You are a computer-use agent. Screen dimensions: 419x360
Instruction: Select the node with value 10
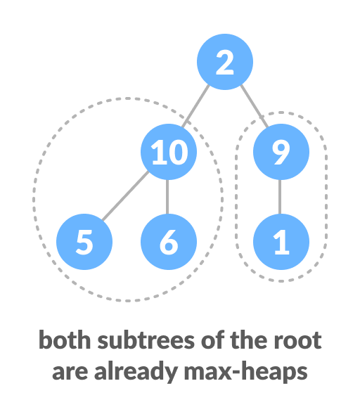[168, 153]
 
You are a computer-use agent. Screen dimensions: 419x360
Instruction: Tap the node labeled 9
[281, 153]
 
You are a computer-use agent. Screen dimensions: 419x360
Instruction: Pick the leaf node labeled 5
[84, 243]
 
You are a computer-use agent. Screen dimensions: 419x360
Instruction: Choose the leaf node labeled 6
[168, 243]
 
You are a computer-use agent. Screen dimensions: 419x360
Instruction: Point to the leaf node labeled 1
[281, 243]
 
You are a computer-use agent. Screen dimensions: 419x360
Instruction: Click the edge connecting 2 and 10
[197, 107]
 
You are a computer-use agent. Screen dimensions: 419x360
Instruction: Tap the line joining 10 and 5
[124, 199]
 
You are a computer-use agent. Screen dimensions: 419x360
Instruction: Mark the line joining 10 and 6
[168, 198]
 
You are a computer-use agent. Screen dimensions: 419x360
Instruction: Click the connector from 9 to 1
[281, 198]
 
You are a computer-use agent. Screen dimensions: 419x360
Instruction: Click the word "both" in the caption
[59, 341]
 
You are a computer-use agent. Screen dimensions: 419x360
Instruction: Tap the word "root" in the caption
[300, 341]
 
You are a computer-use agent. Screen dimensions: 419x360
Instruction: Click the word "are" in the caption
[67, 371]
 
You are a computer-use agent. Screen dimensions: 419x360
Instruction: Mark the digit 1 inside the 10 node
[157, 153]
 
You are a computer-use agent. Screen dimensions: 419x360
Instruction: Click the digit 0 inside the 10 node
[177, 153]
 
